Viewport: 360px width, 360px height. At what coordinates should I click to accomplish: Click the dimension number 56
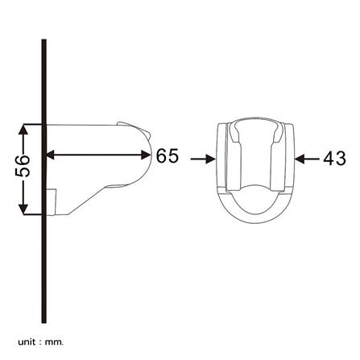pos(25,167)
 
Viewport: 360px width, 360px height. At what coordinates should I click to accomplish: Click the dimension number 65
pos(167,156)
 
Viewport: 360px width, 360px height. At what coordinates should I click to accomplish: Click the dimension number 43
pos(333,159)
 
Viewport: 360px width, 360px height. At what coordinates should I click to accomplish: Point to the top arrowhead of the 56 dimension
pos(25,127)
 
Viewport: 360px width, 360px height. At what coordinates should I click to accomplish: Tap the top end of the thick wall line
pos(44,40)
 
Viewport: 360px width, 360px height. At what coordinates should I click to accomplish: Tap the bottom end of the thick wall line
pos(44,321)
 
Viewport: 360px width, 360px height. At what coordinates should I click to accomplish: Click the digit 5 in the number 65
pos(172,156)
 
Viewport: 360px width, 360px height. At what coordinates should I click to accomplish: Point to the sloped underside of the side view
pos(89,201)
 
